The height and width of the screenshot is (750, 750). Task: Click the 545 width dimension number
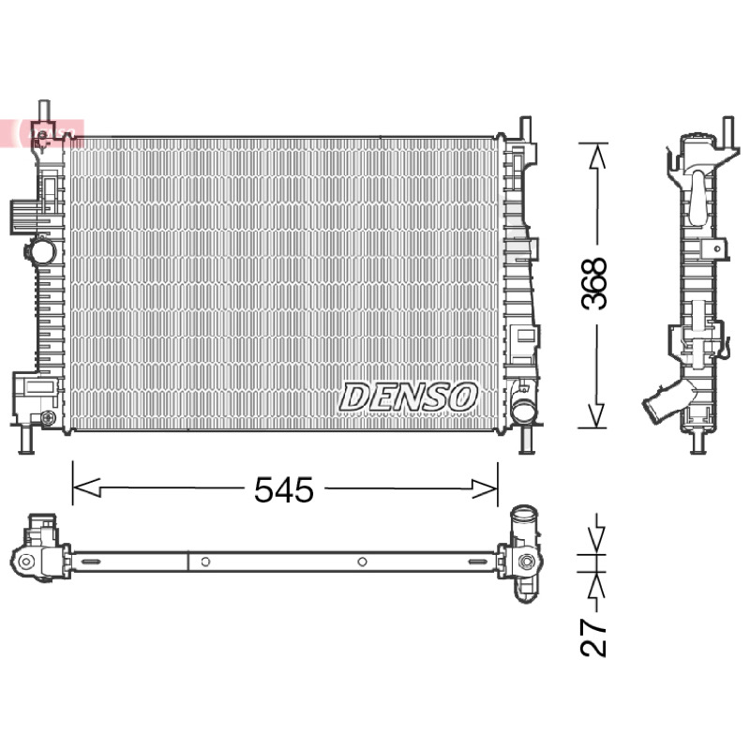click(284, 489)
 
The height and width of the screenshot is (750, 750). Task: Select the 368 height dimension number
click(593, 283)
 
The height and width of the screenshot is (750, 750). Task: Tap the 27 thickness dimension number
click(593, 638)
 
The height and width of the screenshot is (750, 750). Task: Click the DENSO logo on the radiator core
click(408, 397)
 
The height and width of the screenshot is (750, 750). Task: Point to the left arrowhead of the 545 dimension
click(86, 487)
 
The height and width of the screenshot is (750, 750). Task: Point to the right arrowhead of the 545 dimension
click(485, 488)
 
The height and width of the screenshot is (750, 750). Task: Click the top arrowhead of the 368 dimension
click(596, 156)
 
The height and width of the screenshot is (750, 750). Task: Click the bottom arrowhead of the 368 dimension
click(596, 414)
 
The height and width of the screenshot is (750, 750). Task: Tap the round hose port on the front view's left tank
click(42, 250)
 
